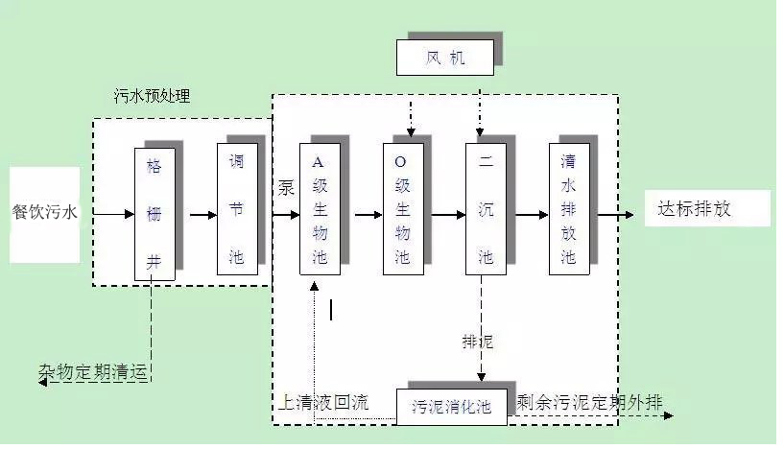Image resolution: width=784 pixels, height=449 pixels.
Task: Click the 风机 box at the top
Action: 445,58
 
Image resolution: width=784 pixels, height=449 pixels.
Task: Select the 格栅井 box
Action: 154,214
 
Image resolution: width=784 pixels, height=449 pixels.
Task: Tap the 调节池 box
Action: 237,209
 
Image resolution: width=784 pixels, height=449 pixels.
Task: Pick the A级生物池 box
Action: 320,209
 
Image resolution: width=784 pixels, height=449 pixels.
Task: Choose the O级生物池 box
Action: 402,209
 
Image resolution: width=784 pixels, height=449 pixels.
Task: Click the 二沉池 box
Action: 486,209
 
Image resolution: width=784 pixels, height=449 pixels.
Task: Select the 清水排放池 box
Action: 568,209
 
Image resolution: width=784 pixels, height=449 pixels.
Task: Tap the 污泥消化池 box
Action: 451,406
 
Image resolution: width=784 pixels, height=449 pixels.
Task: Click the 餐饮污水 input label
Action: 45,213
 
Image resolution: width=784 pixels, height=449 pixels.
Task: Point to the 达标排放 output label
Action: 694,208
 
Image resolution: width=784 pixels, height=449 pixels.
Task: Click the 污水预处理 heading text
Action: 152,96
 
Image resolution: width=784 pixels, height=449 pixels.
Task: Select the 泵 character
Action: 286,187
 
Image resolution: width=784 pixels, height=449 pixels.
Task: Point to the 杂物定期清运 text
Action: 94,371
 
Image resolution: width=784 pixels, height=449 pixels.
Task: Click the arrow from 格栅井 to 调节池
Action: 202,215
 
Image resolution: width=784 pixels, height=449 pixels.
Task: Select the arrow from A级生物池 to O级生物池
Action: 368,215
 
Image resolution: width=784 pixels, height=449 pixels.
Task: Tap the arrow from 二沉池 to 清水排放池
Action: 534,215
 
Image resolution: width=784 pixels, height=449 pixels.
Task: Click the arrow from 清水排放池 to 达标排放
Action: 616,215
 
